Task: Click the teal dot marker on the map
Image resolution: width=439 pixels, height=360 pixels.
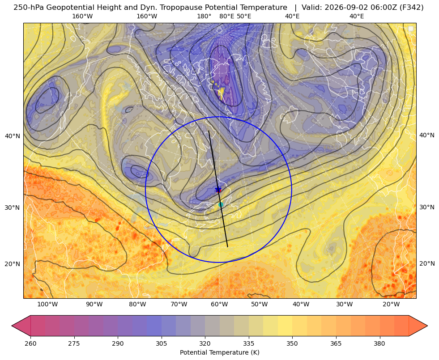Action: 221,204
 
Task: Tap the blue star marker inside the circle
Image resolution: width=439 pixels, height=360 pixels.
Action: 218,190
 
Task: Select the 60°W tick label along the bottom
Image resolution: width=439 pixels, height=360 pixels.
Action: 219,304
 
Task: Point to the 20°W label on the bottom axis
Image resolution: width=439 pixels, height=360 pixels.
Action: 391,304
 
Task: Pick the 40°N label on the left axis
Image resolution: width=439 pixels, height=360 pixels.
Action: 13,136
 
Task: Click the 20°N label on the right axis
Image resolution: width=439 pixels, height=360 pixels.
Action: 427,263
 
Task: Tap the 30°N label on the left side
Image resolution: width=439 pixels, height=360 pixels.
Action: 13,208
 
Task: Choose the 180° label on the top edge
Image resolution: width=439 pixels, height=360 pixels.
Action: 204,16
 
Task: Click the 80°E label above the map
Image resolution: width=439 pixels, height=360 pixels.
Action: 226,16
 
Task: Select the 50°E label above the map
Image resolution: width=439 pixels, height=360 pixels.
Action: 244,16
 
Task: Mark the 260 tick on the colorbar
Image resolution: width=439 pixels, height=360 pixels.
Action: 30,343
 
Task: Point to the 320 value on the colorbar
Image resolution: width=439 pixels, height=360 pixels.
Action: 205,343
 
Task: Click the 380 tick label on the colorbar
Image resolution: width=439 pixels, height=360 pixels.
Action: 379,343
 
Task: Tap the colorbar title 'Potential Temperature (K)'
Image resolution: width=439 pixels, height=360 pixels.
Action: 219,352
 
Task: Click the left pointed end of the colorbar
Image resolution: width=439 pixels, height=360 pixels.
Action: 12,326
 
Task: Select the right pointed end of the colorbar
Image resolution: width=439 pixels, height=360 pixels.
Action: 427,326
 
